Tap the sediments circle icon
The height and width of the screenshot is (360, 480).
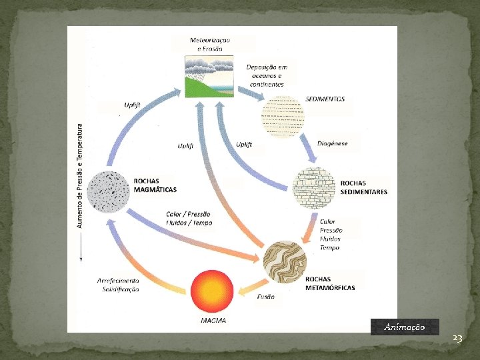click(283, 116)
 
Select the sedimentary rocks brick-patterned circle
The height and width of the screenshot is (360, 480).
click(313, 187)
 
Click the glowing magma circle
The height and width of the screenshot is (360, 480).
click(213, 291)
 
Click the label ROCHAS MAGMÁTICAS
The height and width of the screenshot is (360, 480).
click(155, 185)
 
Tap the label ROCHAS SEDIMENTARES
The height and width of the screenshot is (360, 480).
click(363, 187)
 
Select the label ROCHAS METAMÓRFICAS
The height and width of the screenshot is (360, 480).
click(330, 283)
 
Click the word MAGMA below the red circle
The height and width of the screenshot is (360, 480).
click(213, 321)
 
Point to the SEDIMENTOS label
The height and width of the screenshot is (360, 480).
click(325, 99)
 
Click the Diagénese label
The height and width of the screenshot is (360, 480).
click(332, 143)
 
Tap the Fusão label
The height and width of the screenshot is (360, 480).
click(265, 297)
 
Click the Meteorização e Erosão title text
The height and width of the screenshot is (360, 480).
click(211, 45)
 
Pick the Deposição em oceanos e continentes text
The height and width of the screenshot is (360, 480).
click(267, 75)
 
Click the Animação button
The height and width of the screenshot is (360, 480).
click(405, 327)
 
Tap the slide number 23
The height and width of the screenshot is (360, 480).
click(457, 339)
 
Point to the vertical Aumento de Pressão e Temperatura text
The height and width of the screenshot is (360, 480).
click(81, 175)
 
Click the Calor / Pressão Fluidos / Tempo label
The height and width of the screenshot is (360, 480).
click(189, 219)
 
